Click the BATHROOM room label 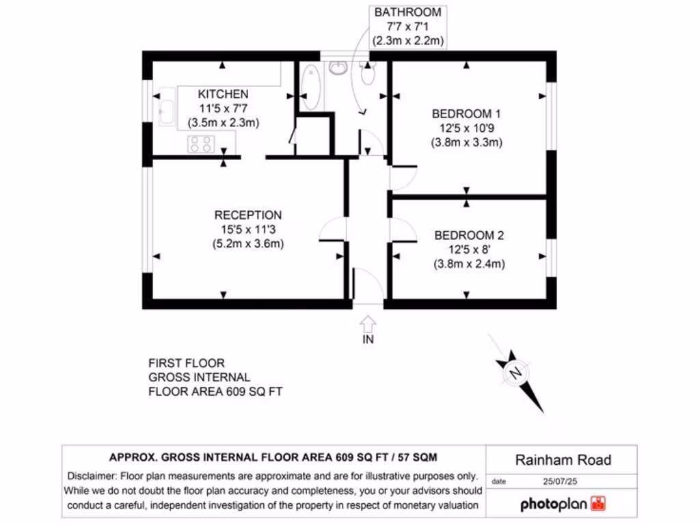point(408,12)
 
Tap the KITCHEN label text point(224,94)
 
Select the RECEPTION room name point(247,215)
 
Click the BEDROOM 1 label point(466,113)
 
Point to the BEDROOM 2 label point(469,235)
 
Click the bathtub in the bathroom point(310,86)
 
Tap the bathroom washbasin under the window point(338,67)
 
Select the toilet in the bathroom point(368,73)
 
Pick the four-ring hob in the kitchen point(201,144)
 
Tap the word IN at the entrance point(368,339)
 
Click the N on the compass point(515,373)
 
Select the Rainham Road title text point(563,460)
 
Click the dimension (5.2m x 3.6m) point(247,243)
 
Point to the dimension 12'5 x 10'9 point(466,129)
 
